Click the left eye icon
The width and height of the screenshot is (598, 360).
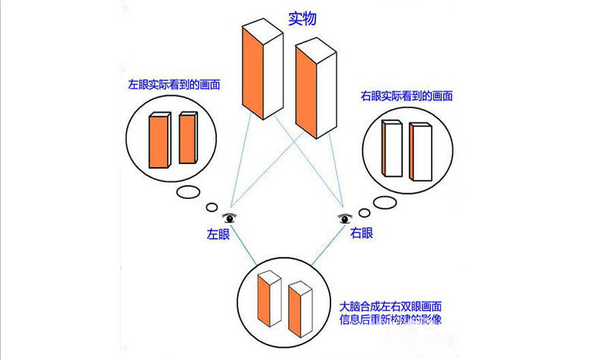click(229, 219)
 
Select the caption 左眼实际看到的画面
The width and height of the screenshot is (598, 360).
click(175, 85)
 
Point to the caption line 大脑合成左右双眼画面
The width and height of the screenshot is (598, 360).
click(391, 308)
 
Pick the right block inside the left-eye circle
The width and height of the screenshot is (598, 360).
click(187, 138)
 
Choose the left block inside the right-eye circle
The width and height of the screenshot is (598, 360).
click(391, 148)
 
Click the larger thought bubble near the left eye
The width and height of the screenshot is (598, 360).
click(188, 192)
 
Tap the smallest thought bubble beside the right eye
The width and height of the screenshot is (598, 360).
click(364, 212)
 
